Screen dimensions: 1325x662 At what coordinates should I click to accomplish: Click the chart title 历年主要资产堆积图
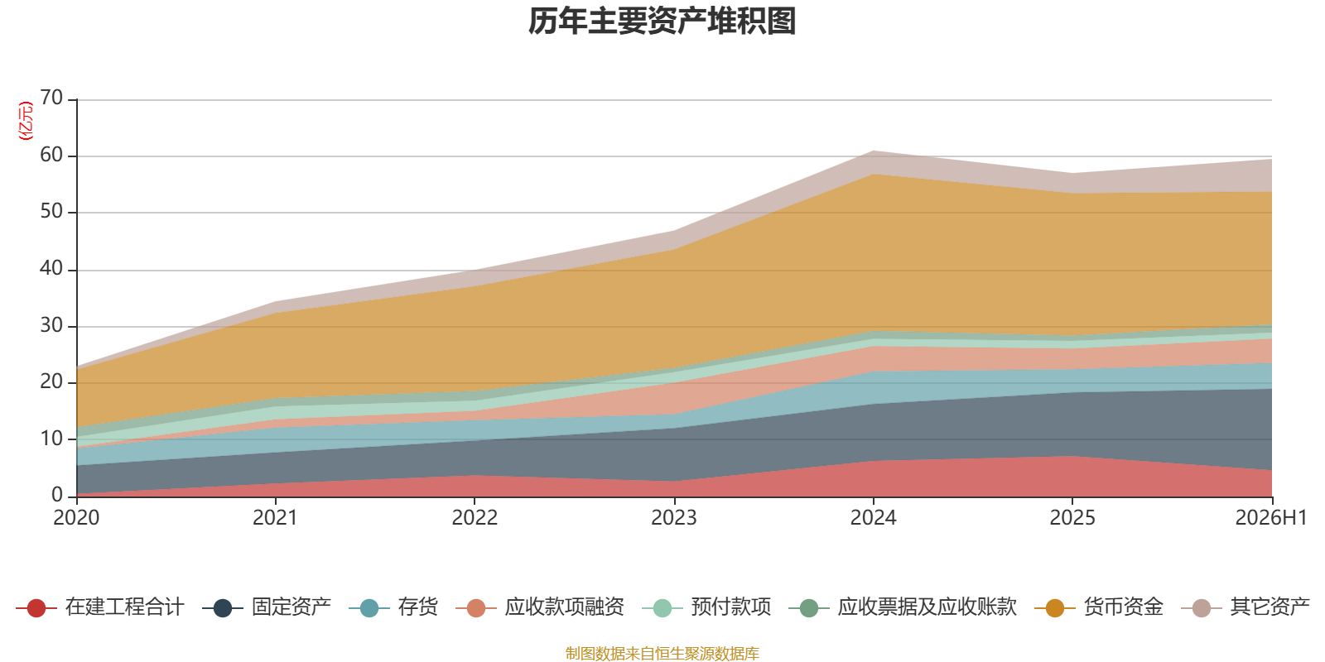pyautogui.click(x=662, y=22)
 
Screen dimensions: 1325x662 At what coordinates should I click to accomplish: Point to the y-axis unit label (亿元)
pyautogui.click(x=26, y=121)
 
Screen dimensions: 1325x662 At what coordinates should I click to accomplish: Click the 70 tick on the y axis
pyautogui.click(x=51, y=98)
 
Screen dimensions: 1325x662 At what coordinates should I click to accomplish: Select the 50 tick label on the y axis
pyautogui.click(x=51, y=211)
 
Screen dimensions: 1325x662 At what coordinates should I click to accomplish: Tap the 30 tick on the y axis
pyautogui.click(x=51, y=325)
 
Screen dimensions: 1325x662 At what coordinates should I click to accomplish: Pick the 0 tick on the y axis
pyautogui.click(x=57, y=495)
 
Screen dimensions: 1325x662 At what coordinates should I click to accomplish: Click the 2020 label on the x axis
pyautogui.click(x=76, y=518)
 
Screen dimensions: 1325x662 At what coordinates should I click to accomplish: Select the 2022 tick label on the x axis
pyautogui.click(x=475, y=518)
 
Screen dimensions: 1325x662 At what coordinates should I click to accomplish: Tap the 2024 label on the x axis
pyautogui.click(x=873, y=518)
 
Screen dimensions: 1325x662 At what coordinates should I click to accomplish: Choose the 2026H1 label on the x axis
pyautogui.click(x=1271, y=518)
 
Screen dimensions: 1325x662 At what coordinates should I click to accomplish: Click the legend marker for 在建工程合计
pyautogui.click(x=36, y=607)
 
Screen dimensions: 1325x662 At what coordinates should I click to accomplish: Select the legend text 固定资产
pyautogui.click(x=291, y=607)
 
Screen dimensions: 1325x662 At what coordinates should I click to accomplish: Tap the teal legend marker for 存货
pyautogui.click(x=369, y=607)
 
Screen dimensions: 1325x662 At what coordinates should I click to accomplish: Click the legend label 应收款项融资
pyautogui.click(x=564, y=607)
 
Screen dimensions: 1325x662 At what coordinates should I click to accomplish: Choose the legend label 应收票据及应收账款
pyautogui.click(x=927, y=607)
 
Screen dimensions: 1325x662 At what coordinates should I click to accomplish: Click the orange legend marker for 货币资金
pyautogui.click(x=1055, y=607)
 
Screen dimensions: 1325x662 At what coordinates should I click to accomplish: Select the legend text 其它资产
pyautogui.click(x=1270, y=607)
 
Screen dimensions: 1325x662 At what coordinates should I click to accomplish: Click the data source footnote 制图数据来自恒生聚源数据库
pyautogui.click(x=662, y=653)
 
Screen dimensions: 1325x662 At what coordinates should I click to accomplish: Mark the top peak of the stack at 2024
pyautogui.click(x=873, y=151)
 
